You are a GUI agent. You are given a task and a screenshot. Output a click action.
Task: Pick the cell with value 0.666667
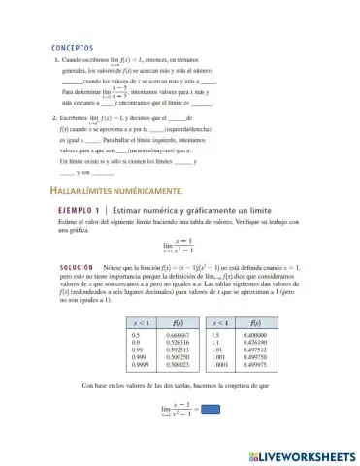tap(180, 334)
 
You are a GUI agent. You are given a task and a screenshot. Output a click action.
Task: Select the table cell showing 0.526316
tap(180, 342)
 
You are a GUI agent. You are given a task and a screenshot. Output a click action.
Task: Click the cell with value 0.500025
tap(180, 365)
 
